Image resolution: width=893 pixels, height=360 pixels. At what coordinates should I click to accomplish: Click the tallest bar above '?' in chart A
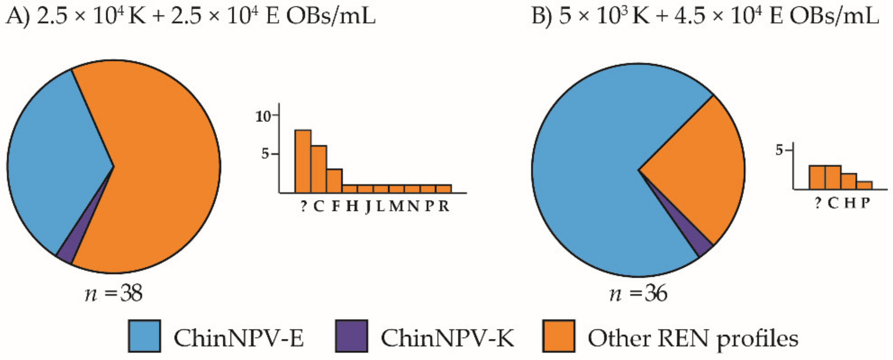tap(303, 161)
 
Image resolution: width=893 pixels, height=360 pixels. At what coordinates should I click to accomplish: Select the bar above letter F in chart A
tap(334, 181)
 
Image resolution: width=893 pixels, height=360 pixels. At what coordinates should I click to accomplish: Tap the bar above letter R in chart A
tap(443, 189)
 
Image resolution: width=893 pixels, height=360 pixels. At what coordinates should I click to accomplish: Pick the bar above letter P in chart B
tap(864, 185)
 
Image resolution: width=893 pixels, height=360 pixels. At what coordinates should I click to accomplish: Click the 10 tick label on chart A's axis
tap(263, 117)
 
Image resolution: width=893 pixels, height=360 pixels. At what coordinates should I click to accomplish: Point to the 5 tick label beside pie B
tap(779, 150)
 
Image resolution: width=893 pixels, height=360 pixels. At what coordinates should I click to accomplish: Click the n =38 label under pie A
tap(113, 294)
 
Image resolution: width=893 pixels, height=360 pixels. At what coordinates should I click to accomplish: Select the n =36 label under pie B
tap(638, 294)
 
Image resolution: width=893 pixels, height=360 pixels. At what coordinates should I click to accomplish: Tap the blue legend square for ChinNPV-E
tap(144, 336)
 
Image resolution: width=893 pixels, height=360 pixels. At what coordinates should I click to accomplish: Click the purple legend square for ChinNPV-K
tap(351, 336)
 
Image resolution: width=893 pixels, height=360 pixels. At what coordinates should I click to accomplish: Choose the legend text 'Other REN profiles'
tap(693, 338)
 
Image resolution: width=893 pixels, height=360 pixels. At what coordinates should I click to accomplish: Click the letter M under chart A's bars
tap(396, 206)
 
